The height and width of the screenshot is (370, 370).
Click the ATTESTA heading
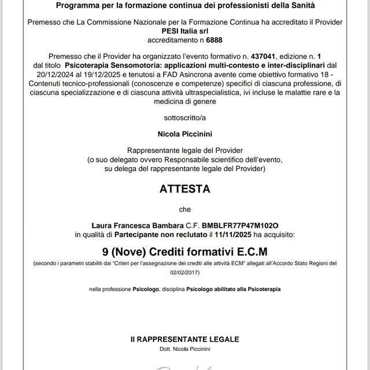(184, 188)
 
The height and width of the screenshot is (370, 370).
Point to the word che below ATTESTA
(184, 209)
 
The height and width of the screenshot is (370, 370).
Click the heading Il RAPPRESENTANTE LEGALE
(184, 339)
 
